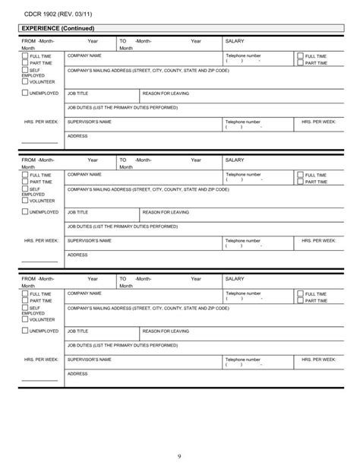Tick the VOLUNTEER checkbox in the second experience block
point(25,201)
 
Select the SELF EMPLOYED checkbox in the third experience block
point(25,308)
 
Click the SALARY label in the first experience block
point(237,42)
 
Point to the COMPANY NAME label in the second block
point(84,174)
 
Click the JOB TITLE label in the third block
point(78,331)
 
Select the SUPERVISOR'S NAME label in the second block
point(90,240)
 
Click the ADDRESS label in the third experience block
point(77,373)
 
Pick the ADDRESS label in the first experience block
point(77,136)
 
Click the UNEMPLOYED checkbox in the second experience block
point(25,213)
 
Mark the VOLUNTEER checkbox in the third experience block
point(25,319)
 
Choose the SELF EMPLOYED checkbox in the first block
point(25,70)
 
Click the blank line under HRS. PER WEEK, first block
point(39,142)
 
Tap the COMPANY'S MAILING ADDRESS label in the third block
point(148,308)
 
